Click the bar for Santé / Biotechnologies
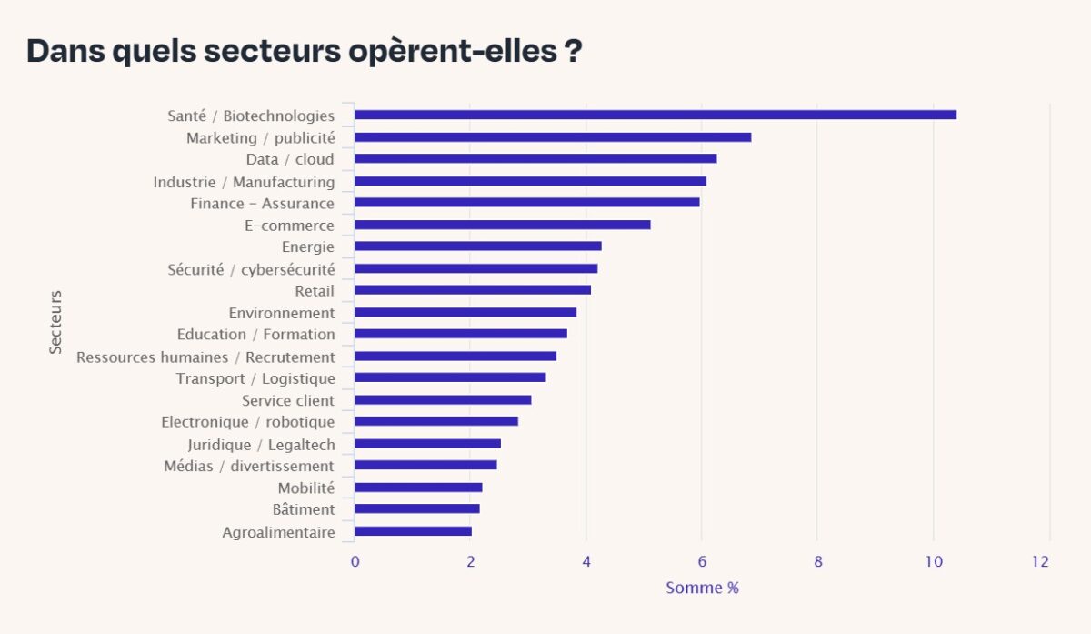(655, 115)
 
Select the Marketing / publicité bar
(553, 137)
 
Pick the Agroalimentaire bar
(413, 531)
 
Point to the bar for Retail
(473, 290)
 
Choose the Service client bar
(443, 400)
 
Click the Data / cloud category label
(290, 159)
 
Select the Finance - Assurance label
(262, 203)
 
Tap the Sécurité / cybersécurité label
(251, 269)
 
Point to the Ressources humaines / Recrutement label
(205, 357)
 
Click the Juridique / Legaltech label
(261, 445)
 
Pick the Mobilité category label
(305, 488)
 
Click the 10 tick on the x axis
(933, 562)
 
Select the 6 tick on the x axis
(701, 562)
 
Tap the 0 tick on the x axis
(355, 562)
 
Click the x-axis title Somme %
(702, 588)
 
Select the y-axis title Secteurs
(56, 322)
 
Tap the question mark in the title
(574, 52)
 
